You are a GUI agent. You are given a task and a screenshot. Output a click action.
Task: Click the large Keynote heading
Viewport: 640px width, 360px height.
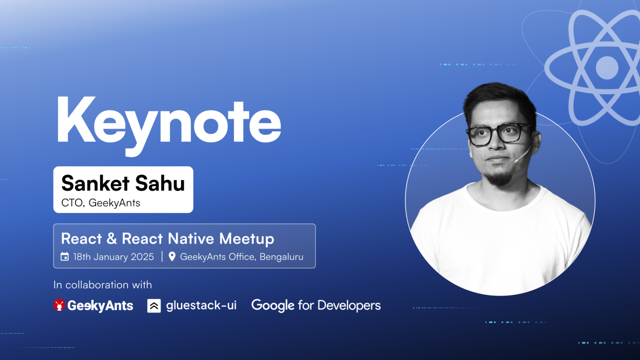(x=168, y=120)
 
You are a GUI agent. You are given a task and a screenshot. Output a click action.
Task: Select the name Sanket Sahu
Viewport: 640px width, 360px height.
(x=123, y=183)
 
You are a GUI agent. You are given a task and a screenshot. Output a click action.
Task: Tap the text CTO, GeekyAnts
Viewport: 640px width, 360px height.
(x=101, y=203)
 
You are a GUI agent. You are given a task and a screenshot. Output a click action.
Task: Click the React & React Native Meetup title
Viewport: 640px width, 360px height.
(x=167, y=238)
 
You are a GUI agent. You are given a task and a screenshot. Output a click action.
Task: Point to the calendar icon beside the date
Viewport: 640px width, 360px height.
(x=65, y=257)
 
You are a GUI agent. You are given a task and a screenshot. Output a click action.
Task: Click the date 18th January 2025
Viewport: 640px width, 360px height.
(x=114, y=257)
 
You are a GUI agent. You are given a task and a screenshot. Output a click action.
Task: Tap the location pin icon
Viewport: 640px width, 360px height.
(x=172, y=257)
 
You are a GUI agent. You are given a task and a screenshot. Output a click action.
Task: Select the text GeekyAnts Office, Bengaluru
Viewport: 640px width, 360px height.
(x=241, y=257)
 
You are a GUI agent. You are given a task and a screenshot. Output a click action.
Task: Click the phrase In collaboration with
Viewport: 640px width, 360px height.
(x=102, y=285)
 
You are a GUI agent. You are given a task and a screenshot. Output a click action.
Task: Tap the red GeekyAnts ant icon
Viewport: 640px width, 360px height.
(x=59, y=305)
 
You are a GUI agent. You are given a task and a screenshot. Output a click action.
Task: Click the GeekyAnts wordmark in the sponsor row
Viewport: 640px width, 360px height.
(x=100, y=306)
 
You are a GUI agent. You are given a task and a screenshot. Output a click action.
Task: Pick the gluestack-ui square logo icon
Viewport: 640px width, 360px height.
(x=154, y=306)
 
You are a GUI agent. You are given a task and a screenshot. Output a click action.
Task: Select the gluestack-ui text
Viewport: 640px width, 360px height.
(x=201, y=306)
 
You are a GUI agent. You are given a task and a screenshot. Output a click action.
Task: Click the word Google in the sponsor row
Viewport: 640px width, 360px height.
(x=272, y=306)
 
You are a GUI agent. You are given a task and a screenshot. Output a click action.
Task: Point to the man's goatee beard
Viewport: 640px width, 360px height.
(x=498, y=177)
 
